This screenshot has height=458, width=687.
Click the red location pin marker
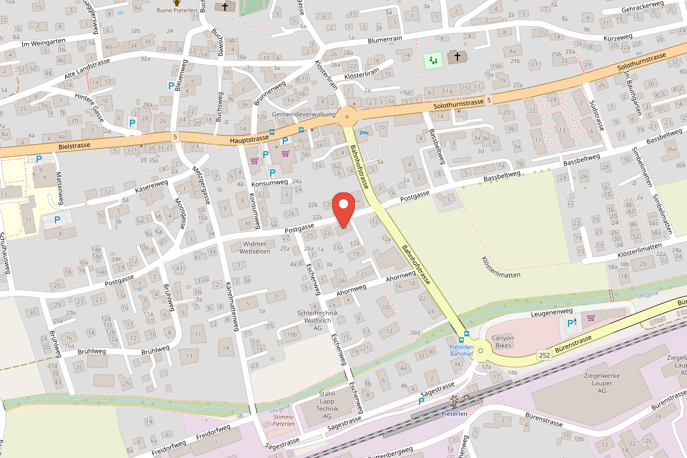[x=343, y=210]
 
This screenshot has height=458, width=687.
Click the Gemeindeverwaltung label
[x=304, y=114]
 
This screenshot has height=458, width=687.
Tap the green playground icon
[x=433, y=60]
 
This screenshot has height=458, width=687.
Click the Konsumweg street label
[x=269, y=183]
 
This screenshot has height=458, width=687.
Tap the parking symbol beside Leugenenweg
[x=570, y=323]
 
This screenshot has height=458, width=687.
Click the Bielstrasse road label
[x=74, y=146]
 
